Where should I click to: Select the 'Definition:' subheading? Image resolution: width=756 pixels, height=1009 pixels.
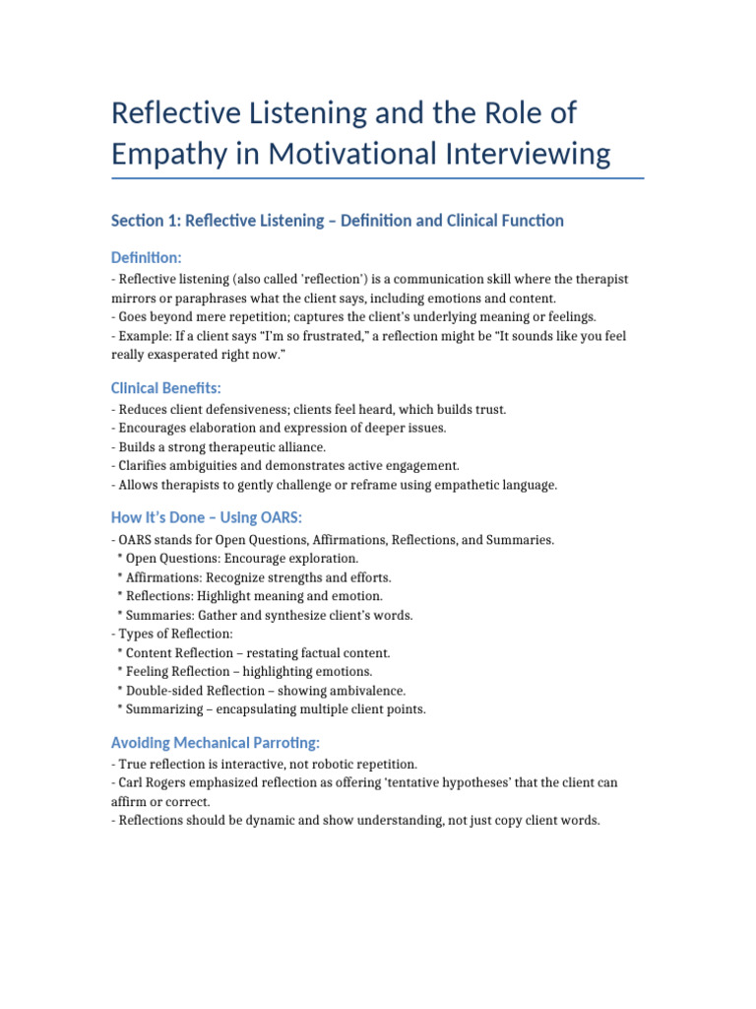pos(147,257)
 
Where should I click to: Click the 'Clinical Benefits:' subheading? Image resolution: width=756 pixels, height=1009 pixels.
pos(166,388)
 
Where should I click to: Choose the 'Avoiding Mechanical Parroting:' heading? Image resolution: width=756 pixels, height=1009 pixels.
pos(215,742)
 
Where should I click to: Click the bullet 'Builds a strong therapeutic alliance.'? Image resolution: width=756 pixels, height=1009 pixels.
pos(219,446)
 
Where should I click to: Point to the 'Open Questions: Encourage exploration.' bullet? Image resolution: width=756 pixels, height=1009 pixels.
pos(236,559)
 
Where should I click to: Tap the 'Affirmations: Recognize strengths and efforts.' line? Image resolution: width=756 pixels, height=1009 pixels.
pos(253,577)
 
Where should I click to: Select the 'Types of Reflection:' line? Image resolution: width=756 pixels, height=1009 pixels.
pos(173,634)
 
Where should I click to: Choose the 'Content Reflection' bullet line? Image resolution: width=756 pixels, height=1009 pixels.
pos(253,652)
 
